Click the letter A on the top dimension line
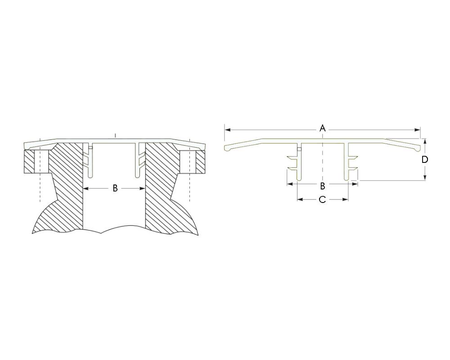click(x=323, y=128)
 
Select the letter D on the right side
click(x=425, y=160)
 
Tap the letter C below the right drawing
click(x=322, y=199)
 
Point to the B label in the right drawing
click(x=323, y=186)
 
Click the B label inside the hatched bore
click(x=115, y=189)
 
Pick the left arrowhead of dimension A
click(x=228, y=130)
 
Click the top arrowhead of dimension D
click(x=425, y=142)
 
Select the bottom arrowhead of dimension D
click(x=425, y=177)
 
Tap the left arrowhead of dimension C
click(x=300, y=199)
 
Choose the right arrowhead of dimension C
click(x=345, y=199)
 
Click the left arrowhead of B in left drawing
click(x=86, y=189)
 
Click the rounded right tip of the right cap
click(x=417, y=148)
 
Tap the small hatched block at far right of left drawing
click(x=201, y=162)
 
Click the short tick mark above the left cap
click(x=115, y=135)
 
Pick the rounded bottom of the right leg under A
click(x=346, y=179)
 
